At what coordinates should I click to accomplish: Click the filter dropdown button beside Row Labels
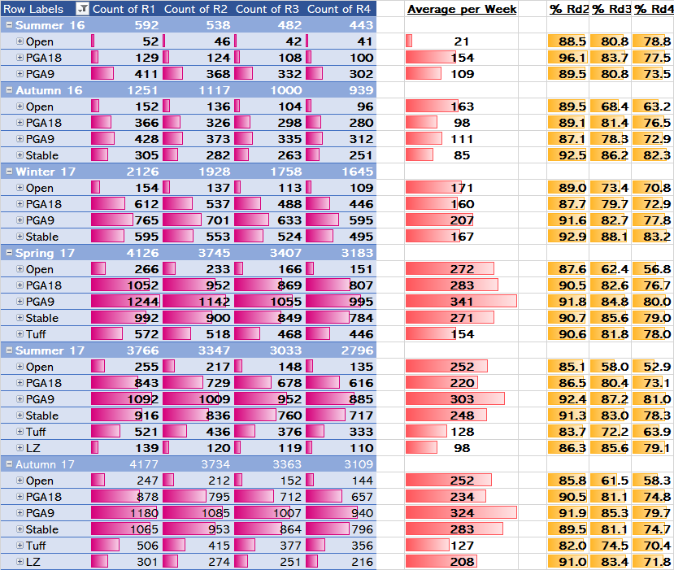(82, 9)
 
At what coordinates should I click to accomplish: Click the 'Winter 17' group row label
(46, 172)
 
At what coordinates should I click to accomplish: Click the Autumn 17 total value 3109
(358, 464)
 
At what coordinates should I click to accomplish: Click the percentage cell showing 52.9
(657, 367)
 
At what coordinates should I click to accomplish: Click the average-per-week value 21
(461, 41)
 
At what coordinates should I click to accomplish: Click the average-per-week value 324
(461, 513)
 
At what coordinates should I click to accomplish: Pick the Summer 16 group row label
(50, 25)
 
